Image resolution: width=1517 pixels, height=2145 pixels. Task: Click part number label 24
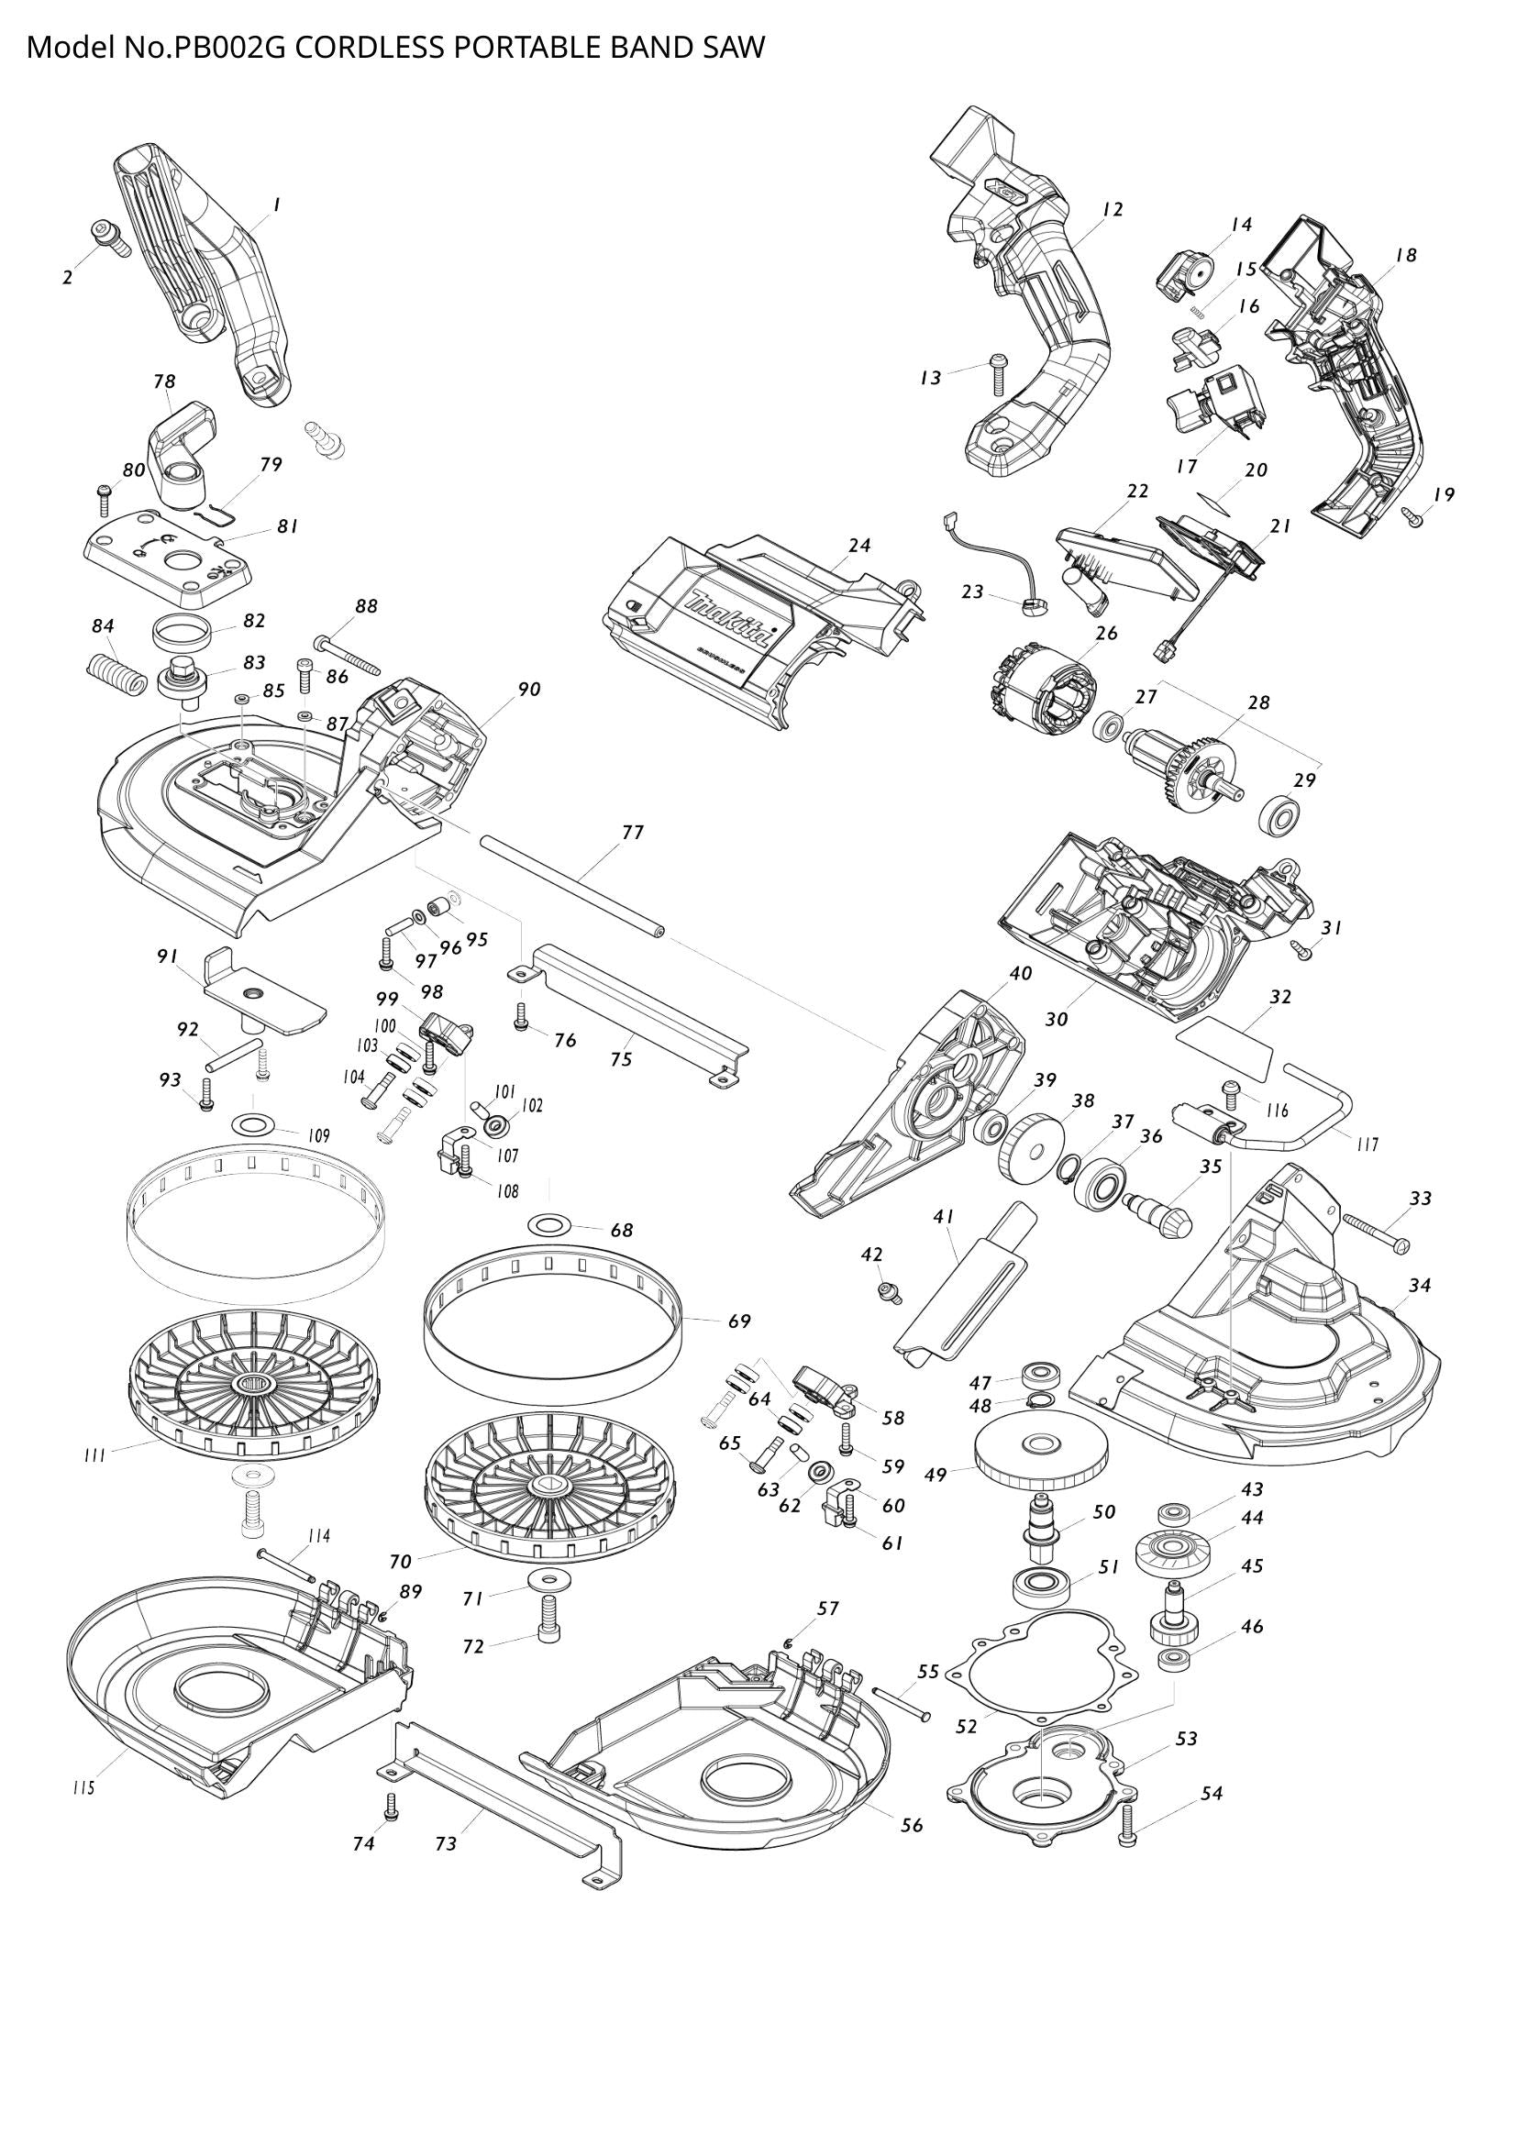(x=859, y=546)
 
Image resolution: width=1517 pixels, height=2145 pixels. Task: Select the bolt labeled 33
(x=1376, y=1233)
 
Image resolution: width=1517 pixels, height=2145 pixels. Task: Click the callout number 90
(x=529, y=690)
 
